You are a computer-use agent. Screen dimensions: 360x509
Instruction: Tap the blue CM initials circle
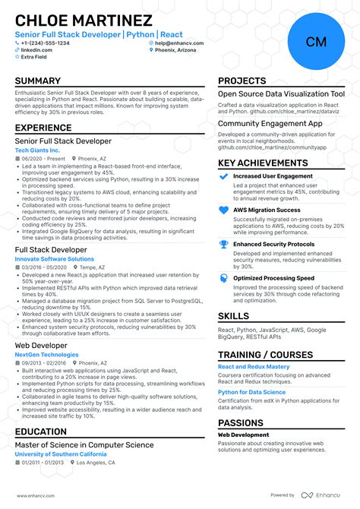click(x=316, y=42)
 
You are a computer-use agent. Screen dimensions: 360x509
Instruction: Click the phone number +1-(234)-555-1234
click(x=46, y=43)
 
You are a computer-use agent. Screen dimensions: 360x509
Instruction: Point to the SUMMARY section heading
click(x=38, y=81)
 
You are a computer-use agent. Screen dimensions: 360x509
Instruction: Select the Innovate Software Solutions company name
click(x=55, y=259)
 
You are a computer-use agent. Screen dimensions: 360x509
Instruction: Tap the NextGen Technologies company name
click(x=47, y=355)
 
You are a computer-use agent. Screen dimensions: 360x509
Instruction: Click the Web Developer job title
click(x=41, y=346)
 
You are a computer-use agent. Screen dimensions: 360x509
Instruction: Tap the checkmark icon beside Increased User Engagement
click(x=223, y=175)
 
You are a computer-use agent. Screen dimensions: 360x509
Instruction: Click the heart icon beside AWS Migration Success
click(x=223, y=210)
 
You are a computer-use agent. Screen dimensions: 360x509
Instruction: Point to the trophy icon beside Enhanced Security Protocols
click(x=223, y=245)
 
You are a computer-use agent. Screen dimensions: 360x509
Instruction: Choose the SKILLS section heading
click(x=233, y=316)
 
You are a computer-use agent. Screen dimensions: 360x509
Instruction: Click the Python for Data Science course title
click(x=251, y=392)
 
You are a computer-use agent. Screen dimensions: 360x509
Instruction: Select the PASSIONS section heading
click(x=242, y=423)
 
